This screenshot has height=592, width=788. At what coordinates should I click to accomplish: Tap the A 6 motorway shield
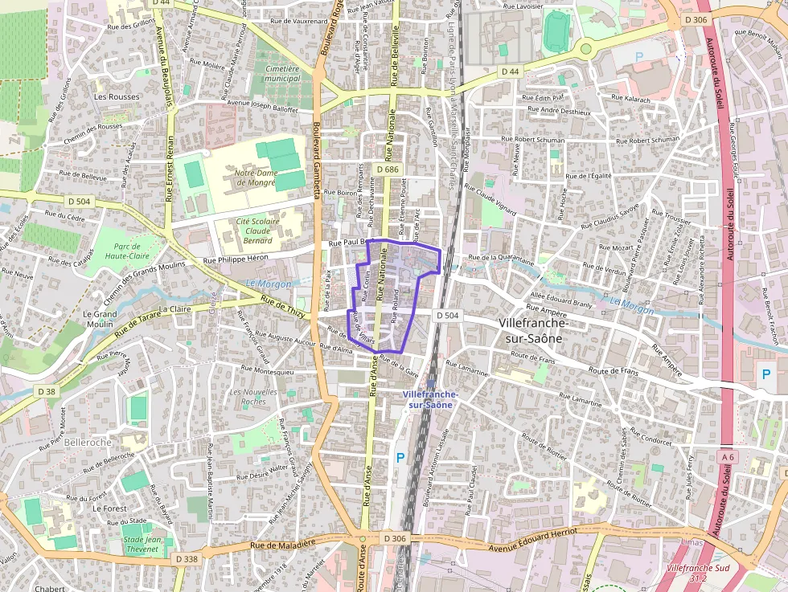coord(728,457)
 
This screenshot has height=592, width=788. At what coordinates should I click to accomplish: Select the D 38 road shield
coord(47,392)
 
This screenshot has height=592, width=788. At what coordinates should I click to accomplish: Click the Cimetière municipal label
coord(282,73)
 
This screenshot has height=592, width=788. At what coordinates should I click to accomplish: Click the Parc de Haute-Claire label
coord(127,251)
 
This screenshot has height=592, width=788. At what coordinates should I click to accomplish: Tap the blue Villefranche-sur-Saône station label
coord(430,399)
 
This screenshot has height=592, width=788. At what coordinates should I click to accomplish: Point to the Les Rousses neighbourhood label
coord(117,96)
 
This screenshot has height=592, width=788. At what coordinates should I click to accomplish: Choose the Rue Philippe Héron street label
coord(236,259)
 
